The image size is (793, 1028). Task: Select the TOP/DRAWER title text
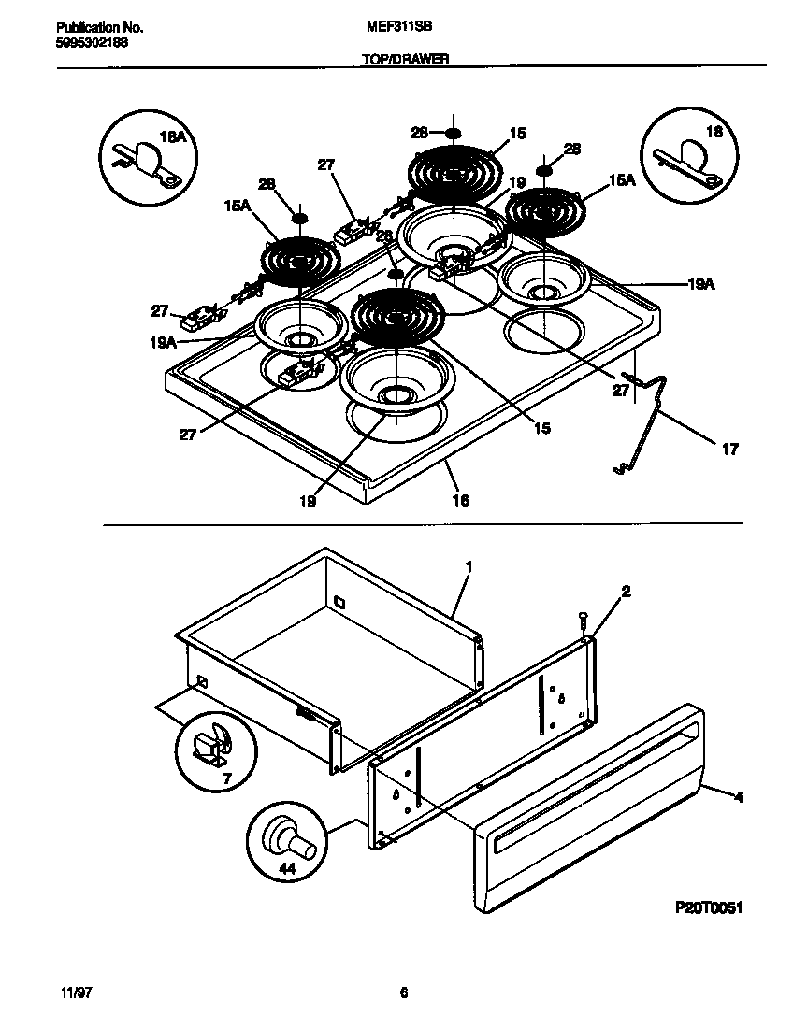(x=405, y=58)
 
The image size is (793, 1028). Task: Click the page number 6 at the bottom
(x=404, y=993)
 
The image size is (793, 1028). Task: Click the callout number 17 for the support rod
(x=730, y=450)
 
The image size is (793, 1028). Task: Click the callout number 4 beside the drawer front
(x=738, y=797)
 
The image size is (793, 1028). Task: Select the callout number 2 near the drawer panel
(x=626, y=591)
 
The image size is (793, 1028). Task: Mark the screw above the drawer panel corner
(x=584, y=619)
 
